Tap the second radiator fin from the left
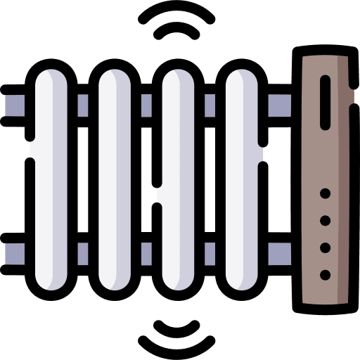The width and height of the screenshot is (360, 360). pyautogui.click(x=116, y=176)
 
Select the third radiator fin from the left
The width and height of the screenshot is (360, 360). pyautogui.click(x=179, y=176)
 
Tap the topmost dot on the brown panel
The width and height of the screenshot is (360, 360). pyautogui.click(x=325, y=193)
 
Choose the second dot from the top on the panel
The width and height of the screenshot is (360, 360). pyautogui.click(x=325, y=220)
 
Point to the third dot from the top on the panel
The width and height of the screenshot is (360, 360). pyautogui.click(x=325, y=247)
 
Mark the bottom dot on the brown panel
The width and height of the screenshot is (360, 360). pyautogui.click(x=325, y=274)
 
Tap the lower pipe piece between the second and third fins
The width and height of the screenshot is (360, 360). pyautogui.click(x=148, y=250)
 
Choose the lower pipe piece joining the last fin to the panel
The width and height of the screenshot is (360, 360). pyautogui.click(x=280, y=250)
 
